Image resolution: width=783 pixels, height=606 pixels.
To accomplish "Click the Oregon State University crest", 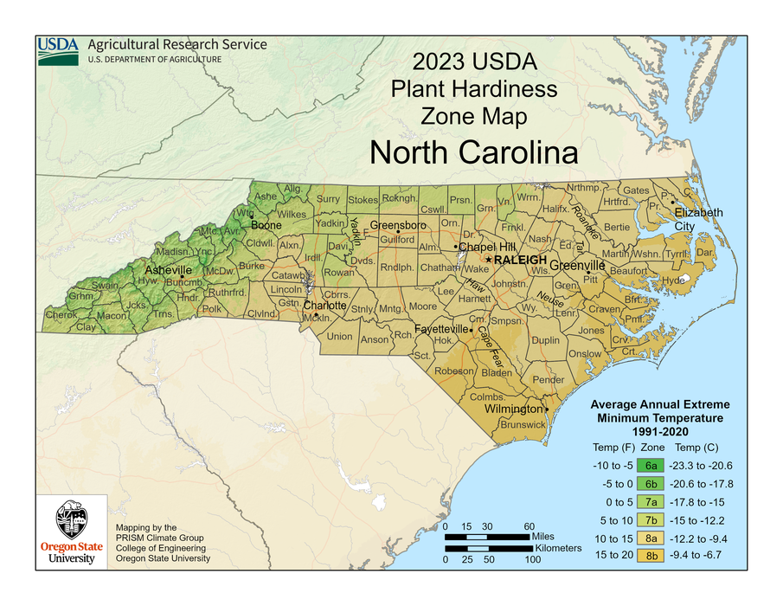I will coord(72,520).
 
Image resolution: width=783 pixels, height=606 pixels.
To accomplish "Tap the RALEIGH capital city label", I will coord(521,260).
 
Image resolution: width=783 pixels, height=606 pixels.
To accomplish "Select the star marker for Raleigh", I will coord(489,260).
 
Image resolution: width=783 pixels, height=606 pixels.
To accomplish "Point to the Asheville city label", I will coord(169,270).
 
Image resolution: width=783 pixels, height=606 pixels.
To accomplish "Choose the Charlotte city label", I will coord(325,306).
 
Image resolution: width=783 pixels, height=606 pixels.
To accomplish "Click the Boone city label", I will coord(267,225).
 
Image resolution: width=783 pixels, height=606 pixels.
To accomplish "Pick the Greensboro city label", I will coord(400,225).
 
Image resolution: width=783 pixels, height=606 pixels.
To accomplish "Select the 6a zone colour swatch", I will coord(652,465).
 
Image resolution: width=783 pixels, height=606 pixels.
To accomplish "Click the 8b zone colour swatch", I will coord(652,556).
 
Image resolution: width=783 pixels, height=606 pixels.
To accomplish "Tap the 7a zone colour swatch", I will coord(652,501).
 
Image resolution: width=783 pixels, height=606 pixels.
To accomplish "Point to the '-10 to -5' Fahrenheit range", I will coord(613,465).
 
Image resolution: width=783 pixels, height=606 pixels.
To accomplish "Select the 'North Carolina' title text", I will coord(473,152).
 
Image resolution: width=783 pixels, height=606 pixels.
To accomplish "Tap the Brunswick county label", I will coord(523,424).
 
